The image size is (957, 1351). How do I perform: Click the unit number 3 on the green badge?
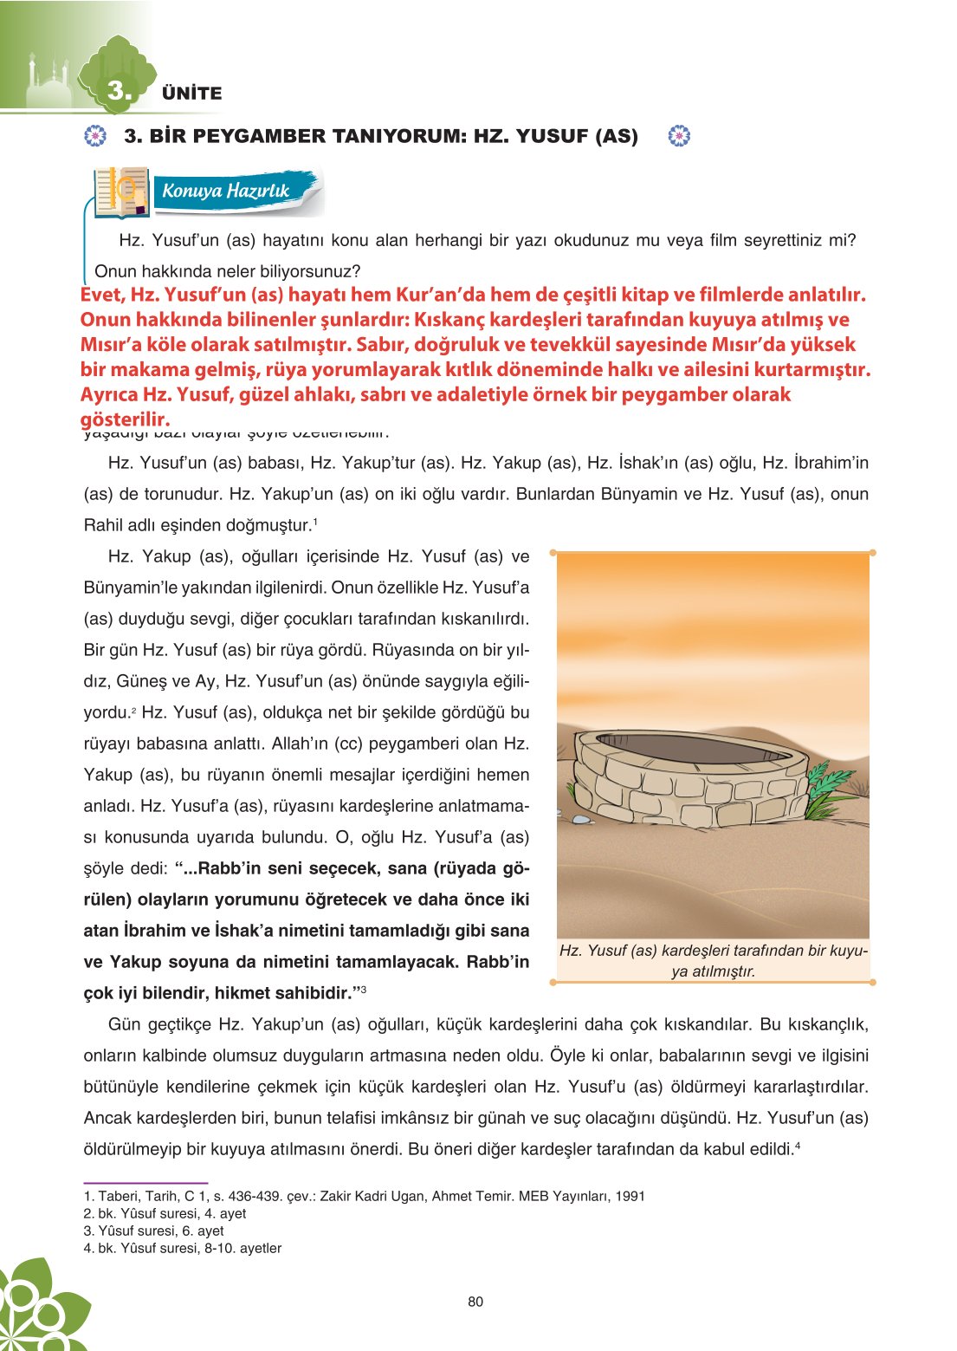(x=119, y=90)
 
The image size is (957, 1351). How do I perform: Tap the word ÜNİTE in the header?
(x=191, y=94)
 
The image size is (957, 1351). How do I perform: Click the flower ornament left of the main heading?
(x=95, y=136)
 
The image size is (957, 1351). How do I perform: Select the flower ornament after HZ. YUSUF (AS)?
(x=680, y=136)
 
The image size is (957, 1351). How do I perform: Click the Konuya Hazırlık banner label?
(x=226, y=191)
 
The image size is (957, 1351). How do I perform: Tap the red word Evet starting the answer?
(x=102, y=296)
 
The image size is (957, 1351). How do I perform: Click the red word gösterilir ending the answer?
(x=125, y=420)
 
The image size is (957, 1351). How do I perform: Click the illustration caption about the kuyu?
(x=713, y=960)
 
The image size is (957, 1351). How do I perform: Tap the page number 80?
(x=475, y=1302)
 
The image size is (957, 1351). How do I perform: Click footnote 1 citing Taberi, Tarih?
(x=364, y=1196)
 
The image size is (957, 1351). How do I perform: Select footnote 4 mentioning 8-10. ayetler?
(x=182, y=1248)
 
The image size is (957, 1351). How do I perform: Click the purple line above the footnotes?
(x=145, y=1182)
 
